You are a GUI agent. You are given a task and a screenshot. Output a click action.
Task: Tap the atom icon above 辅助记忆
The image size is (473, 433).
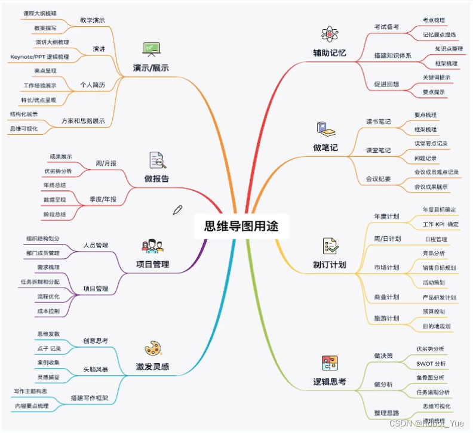pos(326,33)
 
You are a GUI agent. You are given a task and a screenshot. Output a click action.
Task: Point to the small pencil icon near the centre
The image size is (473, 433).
pos(177,209)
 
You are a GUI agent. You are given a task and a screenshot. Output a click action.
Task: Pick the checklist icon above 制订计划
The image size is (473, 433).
pos(329,245)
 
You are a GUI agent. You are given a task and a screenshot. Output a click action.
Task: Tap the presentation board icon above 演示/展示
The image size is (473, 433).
pos(150,48)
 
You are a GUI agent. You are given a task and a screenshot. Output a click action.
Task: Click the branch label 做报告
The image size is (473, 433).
pos(156,178)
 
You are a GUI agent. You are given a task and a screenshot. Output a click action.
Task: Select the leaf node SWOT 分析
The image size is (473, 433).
pos(431,363)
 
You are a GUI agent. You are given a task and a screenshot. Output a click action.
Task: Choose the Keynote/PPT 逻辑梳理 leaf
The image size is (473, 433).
pos(39,57)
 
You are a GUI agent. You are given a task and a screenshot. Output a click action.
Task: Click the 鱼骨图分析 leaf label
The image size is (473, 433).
pos(431,378)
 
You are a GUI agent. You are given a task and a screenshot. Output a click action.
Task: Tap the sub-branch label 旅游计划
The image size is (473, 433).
pos(386,318)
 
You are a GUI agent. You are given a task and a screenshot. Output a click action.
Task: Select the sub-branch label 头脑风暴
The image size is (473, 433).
pos(95,370)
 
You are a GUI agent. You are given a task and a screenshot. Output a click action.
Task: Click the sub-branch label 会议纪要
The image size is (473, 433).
pos(378,178)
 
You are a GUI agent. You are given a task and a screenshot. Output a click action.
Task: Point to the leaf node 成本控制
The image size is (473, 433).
pos(48,311)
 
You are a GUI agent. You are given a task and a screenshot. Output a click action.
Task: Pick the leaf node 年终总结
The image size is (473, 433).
pos(55,185)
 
